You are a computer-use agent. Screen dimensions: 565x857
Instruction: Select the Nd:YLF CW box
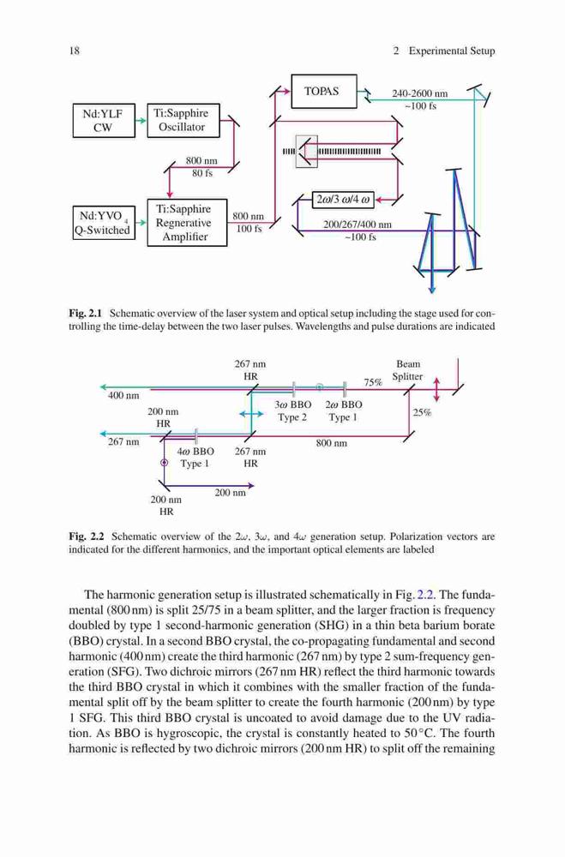point(104,120)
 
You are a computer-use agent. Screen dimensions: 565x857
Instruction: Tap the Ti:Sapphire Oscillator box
point(183,120)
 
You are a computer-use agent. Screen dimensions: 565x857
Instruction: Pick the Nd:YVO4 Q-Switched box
point(104,223)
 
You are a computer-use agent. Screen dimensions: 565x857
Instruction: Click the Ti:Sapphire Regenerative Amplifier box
point(187,223)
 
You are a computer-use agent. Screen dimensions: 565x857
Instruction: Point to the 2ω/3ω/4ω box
point(343,200)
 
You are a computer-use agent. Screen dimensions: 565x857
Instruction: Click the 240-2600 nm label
point(419,93)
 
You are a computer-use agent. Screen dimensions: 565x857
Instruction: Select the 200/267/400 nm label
point(358,225)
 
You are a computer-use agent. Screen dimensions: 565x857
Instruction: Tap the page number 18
point(75,51)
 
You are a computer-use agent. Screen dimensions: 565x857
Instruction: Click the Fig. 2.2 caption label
point(87,536)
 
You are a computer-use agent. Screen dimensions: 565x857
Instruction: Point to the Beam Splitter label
point(407,370)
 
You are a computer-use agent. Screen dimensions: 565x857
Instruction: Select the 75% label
point(373,382)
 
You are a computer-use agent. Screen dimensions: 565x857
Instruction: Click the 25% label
point(422,413)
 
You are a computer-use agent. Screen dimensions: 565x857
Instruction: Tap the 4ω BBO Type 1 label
point(195,458)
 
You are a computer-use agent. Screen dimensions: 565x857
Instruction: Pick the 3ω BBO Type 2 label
point(292,411)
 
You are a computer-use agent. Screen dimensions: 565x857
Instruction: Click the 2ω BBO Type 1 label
point(343,411)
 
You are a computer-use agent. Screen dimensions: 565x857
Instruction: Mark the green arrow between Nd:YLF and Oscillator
point(141,120)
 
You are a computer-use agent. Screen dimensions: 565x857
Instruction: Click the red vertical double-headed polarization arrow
point(436,388)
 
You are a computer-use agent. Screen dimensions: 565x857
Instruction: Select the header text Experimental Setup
point(452,51)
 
